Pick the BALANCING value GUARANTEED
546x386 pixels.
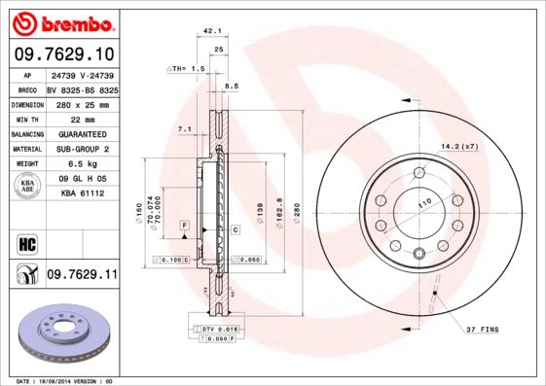[82, 134]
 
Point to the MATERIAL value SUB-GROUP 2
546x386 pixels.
[83, 150]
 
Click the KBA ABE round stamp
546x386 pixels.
[27, 188]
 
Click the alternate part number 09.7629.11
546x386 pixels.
[82, 276]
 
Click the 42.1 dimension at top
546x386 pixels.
[207, 31]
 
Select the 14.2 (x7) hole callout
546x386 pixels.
[459, 146]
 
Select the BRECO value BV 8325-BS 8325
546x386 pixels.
[82, 88]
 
